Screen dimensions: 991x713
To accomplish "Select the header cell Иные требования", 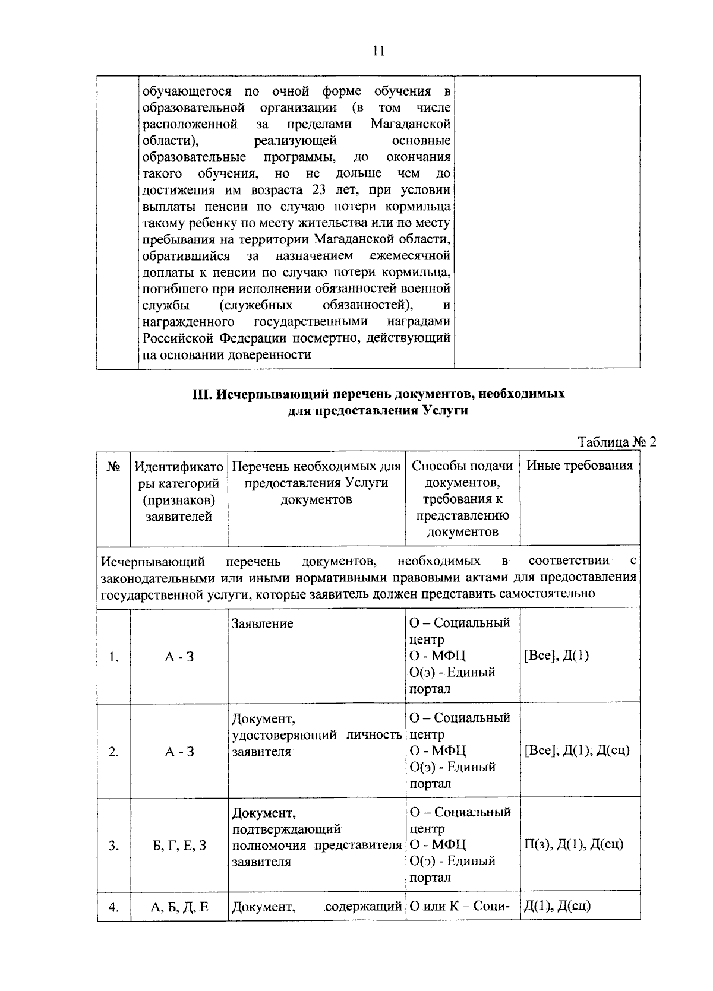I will (579, 466).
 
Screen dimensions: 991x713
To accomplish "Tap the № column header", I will (114, 466).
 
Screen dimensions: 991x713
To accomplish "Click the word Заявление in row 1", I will (262, 624).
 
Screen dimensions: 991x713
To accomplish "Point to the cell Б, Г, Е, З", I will (179, 846).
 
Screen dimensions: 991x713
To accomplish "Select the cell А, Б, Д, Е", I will (179, 907).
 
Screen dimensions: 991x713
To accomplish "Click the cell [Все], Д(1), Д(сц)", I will (576, 751).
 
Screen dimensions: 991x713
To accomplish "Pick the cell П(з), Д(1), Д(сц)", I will (573, 844).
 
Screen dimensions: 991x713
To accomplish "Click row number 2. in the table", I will (114, 752).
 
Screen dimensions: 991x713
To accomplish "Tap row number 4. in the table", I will (114, 907).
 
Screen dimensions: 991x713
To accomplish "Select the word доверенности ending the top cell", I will (270, 355).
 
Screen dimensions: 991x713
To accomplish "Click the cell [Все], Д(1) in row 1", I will (556, 656).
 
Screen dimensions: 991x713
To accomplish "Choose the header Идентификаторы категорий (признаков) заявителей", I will (179, 491).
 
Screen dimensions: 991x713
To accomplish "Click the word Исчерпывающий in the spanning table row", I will (153, 561).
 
